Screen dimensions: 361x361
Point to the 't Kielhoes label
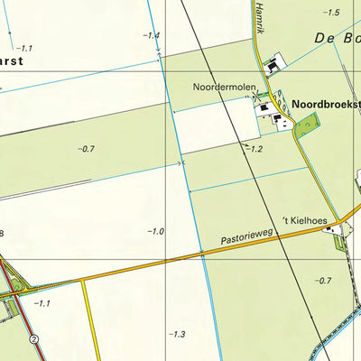coord(302,221)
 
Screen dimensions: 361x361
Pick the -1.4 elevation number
coord(150,35)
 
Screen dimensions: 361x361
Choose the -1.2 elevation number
coord(255,148)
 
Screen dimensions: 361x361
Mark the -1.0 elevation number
coord(154,232)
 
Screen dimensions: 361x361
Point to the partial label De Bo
coord(338,39)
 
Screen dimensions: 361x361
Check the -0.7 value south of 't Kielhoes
coord(323,281)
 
